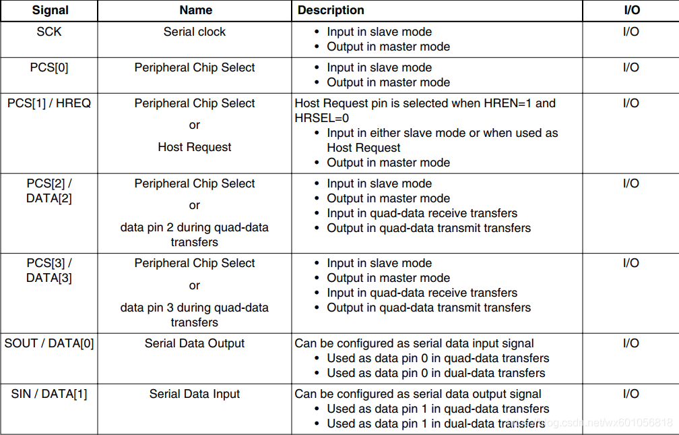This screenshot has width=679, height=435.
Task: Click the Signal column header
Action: tap(50, 11)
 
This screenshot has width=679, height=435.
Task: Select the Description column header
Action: tap(331, 11)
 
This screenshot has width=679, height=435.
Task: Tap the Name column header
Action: tap(195, 11)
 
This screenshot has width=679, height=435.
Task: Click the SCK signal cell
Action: tap(49, 32)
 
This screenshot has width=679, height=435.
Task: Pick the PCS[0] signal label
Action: tap(49, 67)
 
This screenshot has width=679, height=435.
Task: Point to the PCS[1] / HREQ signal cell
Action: tap(49, 103)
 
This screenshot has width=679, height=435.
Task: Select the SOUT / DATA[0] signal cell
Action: tap(49, 343)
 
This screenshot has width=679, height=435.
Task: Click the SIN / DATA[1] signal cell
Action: tap(49, 394)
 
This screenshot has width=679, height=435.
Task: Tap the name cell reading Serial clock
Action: tap(195, 32)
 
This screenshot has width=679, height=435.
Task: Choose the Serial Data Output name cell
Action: tap(195, 343)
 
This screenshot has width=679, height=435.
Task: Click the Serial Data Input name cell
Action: tap(195, 394)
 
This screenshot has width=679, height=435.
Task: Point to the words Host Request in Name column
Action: tap(195, 147)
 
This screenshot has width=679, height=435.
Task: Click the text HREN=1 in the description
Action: tap(507, 103)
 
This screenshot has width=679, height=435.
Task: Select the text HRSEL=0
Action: tap(322, 118)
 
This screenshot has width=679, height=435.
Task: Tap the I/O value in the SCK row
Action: tap(630, 32)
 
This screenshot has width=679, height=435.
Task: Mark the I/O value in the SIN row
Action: tap(630, 394)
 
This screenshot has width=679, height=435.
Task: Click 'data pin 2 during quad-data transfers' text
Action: tap(195, 235)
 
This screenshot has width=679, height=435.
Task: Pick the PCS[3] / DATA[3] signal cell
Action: tap(49, 270)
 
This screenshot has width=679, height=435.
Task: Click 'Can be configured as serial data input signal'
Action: tap(414, 343)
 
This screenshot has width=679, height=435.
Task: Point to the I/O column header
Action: tap(630, 11)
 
